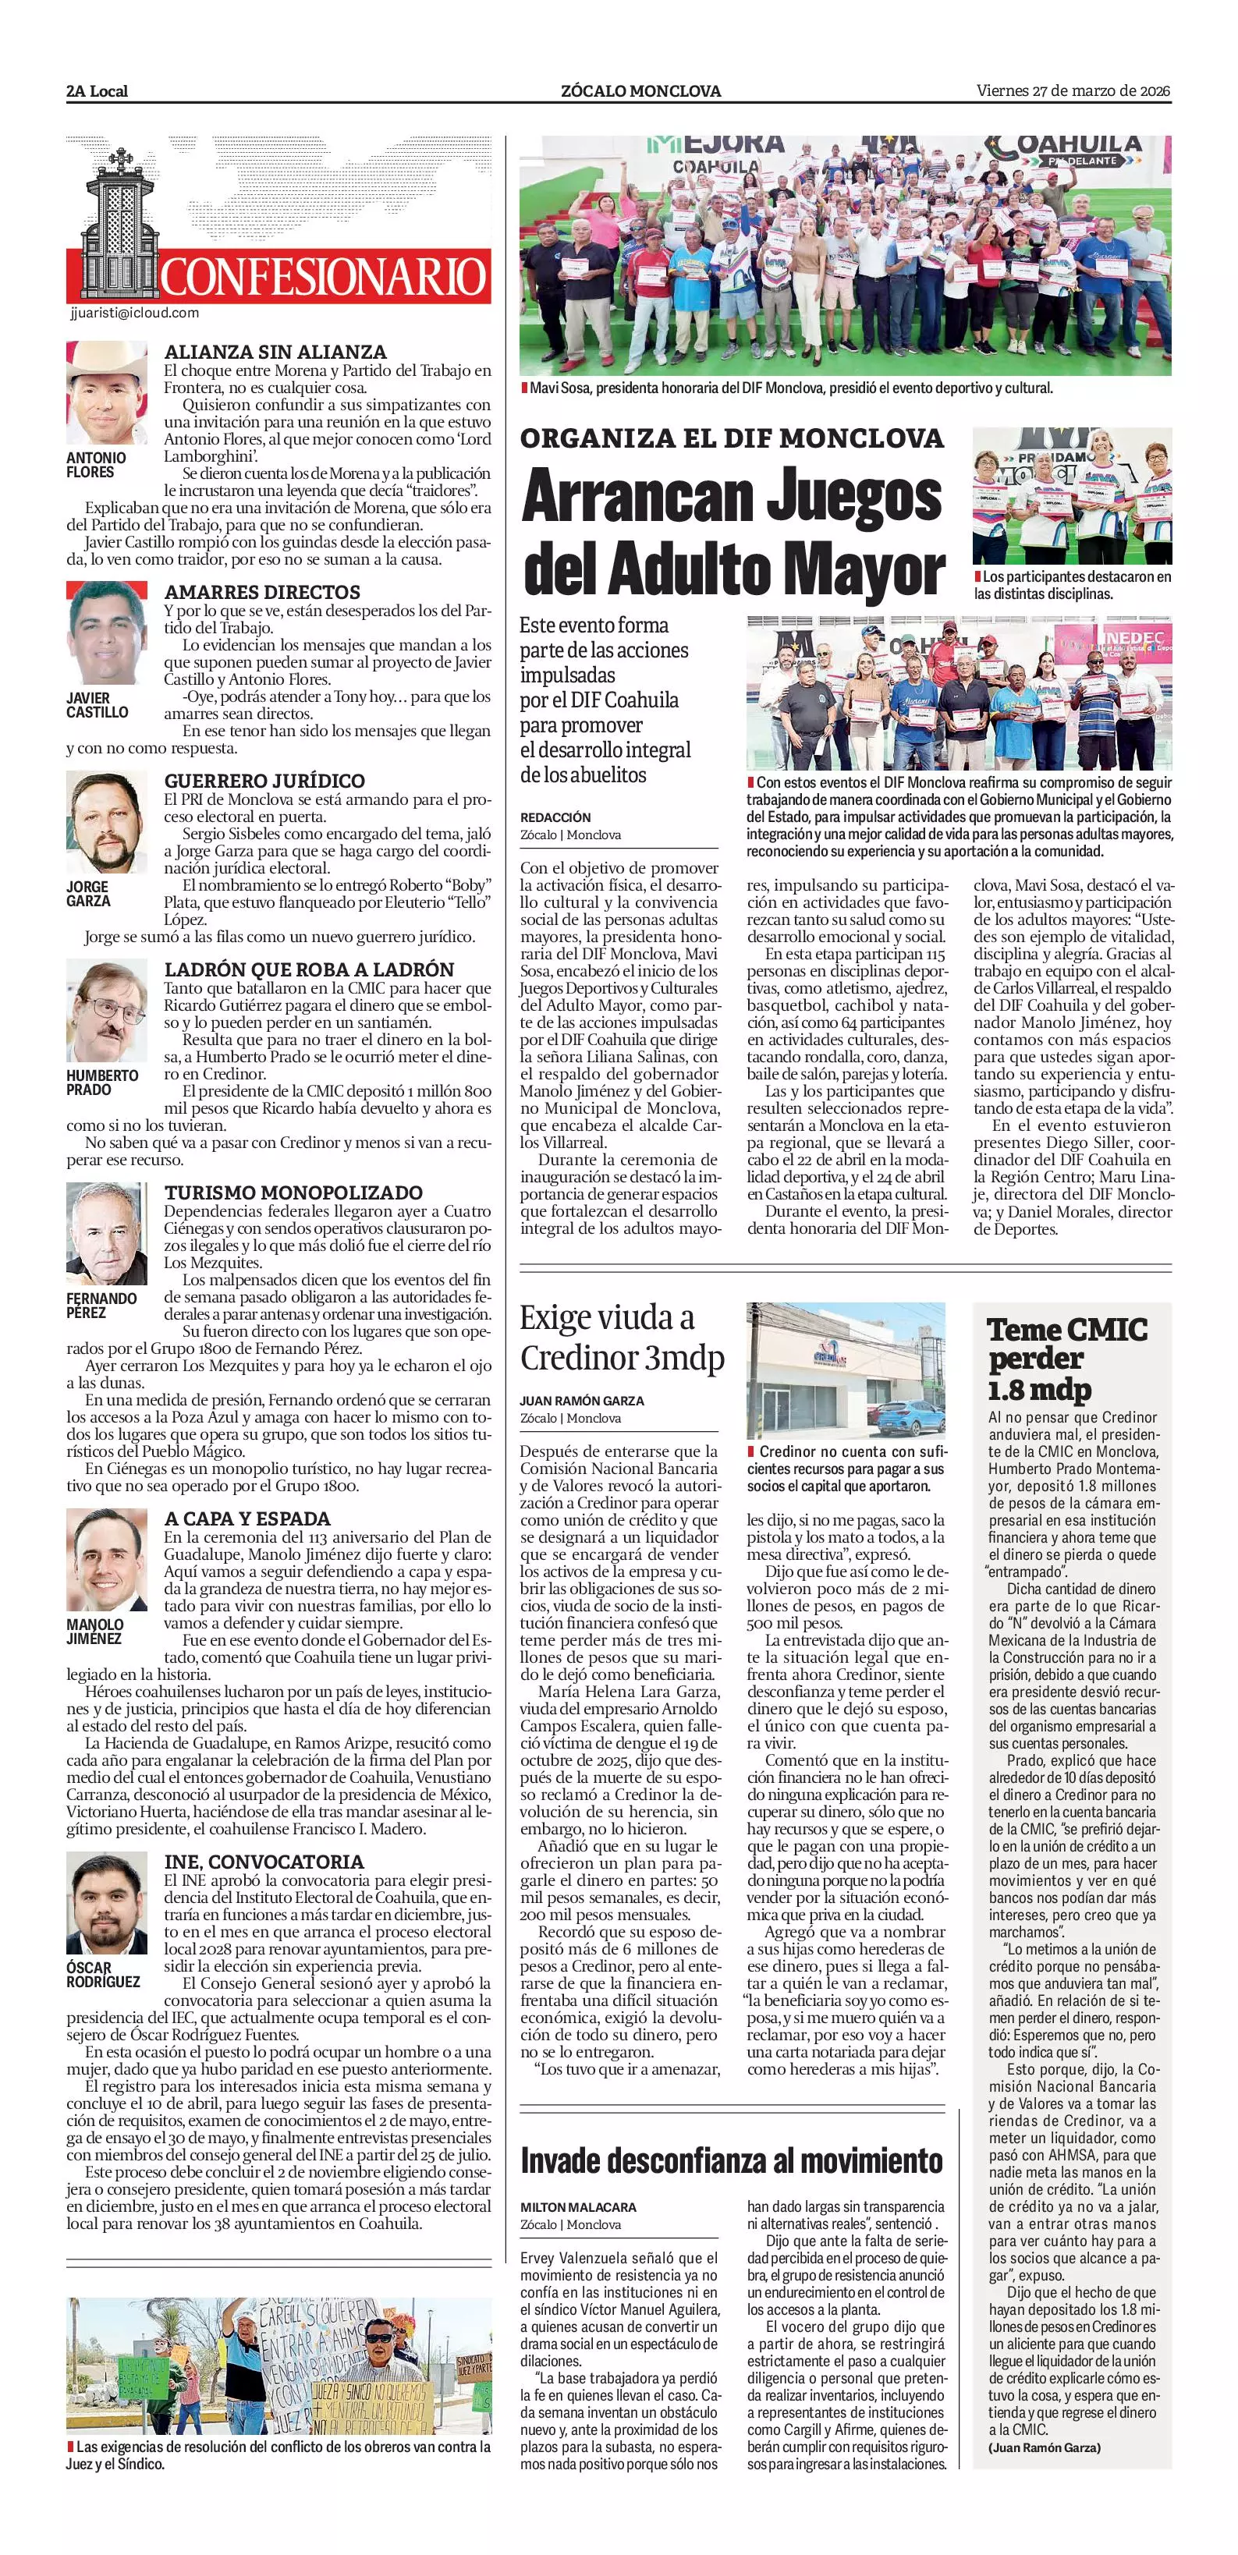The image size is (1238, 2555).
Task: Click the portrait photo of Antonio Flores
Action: (x=106, y=393)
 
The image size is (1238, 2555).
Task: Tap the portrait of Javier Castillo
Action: (x=106, y=633)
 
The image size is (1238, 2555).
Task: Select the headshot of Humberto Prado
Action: (x=106, y=1011)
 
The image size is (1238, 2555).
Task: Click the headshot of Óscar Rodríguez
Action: (x=106, y=1903)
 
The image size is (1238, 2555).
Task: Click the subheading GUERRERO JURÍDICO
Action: (x=264, y=781)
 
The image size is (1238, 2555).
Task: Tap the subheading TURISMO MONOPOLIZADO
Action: (x=293, y=1192)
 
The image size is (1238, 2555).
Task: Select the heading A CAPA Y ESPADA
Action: (x=247, y=1518)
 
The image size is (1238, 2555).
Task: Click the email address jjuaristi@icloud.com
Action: (x=135, y=313)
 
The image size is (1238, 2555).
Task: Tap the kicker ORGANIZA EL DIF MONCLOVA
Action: (x=732, y=438)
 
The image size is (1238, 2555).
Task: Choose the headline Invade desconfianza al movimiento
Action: (x=731, y=2161)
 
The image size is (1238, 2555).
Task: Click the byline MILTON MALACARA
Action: (x=578, y=2208)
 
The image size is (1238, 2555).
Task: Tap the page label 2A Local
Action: (x=98, y=91)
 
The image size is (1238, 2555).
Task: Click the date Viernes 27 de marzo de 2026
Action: (x=1073, y=90)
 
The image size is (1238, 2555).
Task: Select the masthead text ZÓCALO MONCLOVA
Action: (x=640, y=91)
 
